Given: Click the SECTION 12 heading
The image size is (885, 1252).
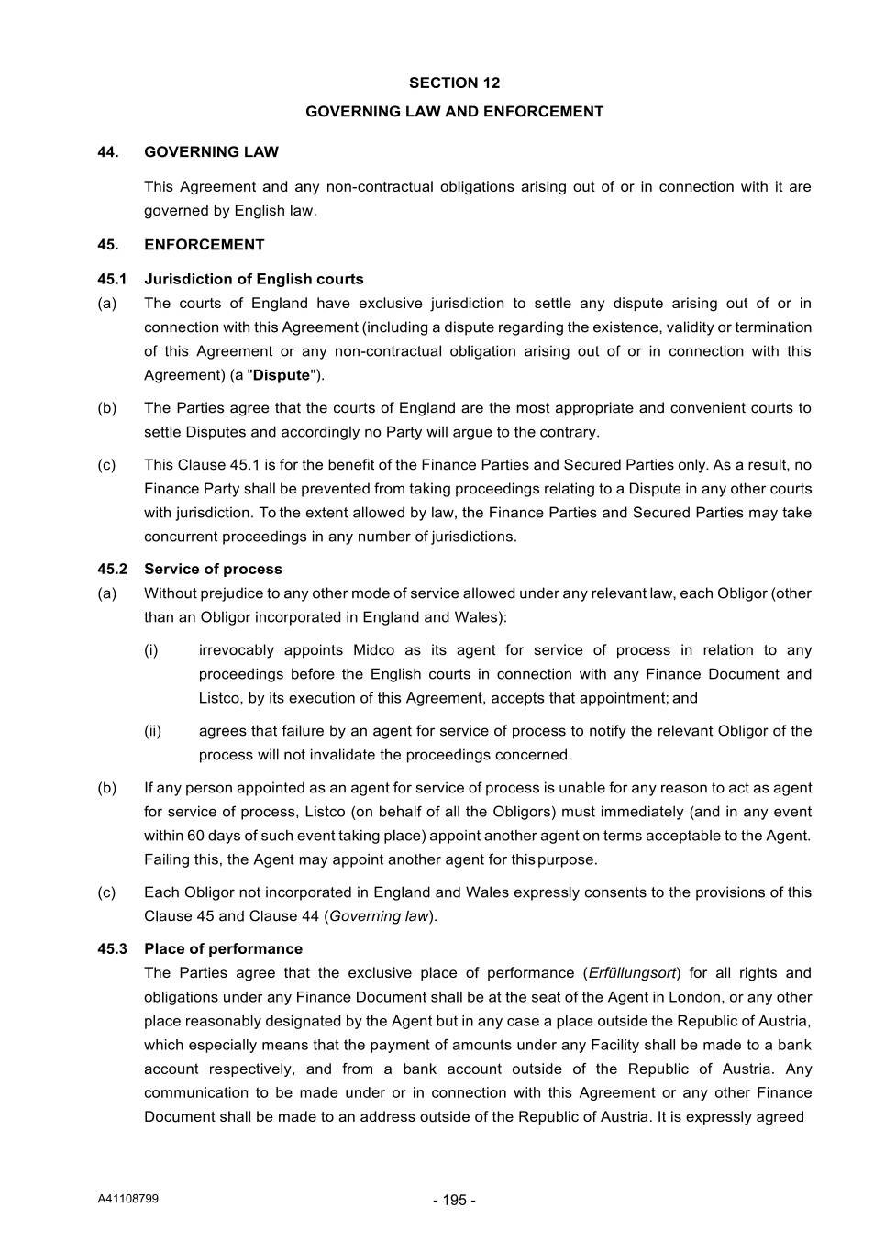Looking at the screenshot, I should pos(454,83).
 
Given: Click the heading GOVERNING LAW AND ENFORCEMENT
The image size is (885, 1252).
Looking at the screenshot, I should pos(454,112).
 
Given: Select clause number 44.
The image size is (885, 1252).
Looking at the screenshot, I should pos(108,152).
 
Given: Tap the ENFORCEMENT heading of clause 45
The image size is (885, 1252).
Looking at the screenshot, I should pos(204,245).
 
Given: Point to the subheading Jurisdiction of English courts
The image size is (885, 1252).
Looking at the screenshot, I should pos(253,280).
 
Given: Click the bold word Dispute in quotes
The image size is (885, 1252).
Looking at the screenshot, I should pos(282,375).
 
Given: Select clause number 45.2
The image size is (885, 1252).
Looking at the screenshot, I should pos(112,570).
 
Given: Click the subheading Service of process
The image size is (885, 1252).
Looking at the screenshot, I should pos(213,570).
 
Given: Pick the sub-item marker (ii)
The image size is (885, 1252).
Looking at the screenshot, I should pos(152,731).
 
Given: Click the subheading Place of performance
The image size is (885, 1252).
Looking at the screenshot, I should pos(223,949).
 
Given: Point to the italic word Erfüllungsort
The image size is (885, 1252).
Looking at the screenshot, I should pos(632,973).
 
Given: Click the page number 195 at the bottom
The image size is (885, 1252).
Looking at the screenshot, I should pos(454,1201).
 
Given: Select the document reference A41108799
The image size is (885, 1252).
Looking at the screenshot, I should pos(127,1199).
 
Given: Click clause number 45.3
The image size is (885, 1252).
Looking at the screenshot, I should pos(112,949).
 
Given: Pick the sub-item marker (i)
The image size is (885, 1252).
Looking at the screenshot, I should pos(150,650).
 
